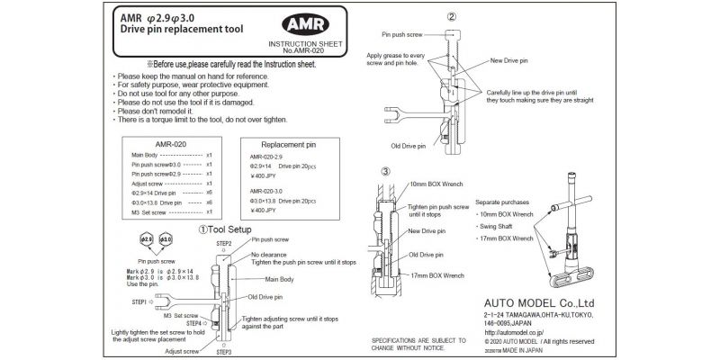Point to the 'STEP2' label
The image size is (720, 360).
point(224,244)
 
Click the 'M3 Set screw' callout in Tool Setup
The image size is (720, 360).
point(180,315)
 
